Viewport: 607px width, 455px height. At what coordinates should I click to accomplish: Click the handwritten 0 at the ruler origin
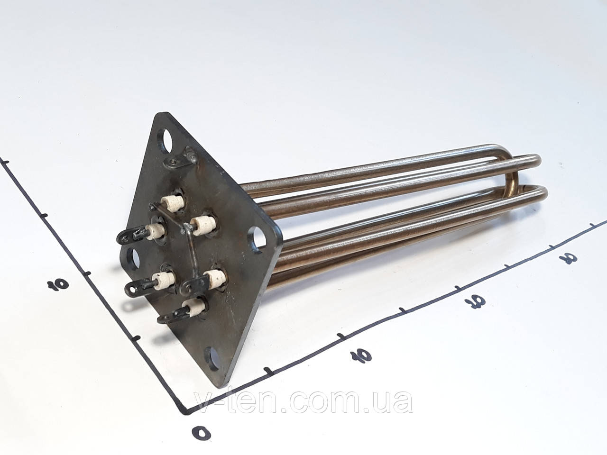pos(202,432)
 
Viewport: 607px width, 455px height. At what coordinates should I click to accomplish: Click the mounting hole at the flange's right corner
pos(258,240)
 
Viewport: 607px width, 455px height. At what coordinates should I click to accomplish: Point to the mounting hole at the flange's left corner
pos(134,258)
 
